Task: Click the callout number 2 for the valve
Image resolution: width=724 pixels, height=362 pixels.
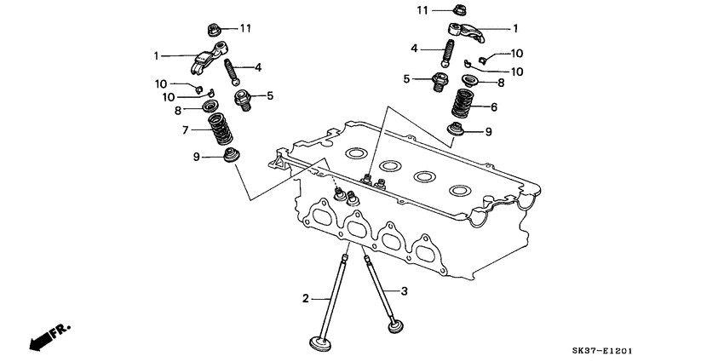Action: [304, 298]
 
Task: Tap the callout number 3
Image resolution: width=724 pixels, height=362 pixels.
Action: [405, 291]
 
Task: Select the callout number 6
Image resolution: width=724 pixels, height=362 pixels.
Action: [492, 107]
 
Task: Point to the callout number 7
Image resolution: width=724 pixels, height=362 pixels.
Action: [185, 130]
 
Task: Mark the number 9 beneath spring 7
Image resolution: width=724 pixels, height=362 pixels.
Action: [197, 157]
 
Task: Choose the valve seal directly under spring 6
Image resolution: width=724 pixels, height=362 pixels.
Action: [459, 131]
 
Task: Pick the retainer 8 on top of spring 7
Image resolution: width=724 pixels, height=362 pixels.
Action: [209, 106]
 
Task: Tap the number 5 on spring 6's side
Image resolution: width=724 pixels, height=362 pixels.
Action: [407, 79]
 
